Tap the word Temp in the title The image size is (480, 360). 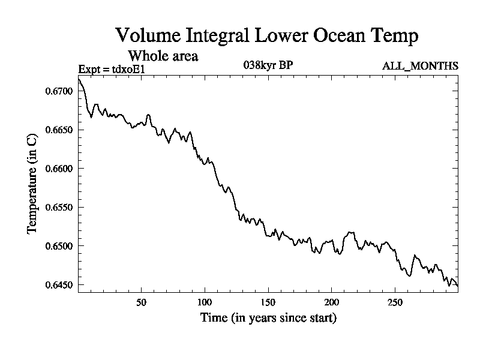(393, 35)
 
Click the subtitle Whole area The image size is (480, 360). (163, 56)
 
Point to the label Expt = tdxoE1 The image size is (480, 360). (112, 70)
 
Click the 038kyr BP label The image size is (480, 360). (268, 65)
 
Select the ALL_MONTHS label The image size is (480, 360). (420, 66)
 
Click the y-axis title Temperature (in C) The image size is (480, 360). (33, 188)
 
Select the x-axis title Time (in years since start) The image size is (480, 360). (268, 317)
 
